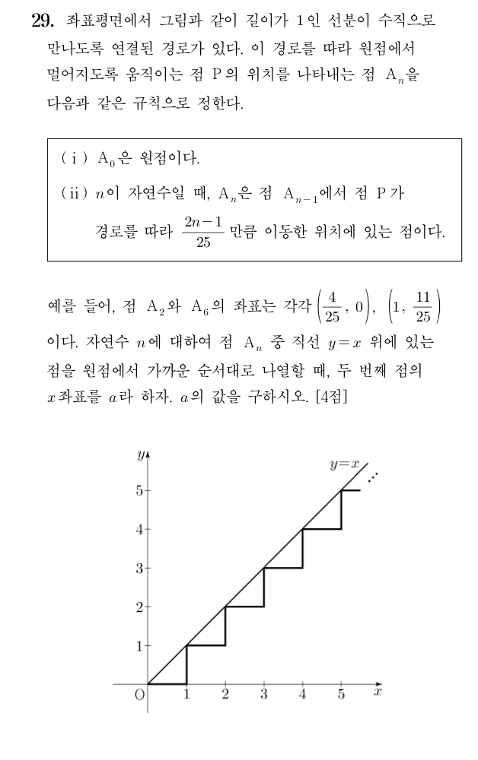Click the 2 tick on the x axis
tap(225, 695)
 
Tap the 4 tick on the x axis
tap(303, 695)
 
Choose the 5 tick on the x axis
tap(341, 695)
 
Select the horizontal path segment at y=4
tap(322, 529)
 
